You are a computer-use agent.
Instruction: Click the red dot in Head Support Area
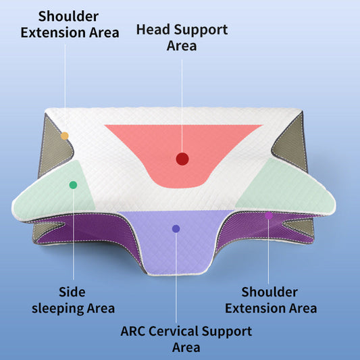182,159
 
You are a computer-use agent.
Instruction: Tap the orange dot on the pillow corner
65,136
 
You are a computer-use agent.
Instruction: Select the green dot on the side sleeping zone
73,185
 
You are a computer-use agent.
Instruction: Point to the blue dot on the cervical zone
176,229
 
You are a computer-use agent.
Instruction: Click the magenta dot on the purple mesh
268,215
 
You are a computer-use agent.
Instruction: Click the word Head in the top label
152,30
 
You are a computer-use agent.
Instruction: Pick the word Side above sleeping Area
72,292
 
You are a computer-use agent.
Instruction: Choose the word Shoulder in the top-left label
67,15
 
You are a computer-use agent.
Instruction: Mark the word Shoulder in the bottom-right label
269,292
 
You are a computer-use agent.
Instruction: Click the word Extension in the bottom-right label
254,308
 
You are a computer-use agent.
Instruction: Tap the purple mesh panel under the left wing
101,233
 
